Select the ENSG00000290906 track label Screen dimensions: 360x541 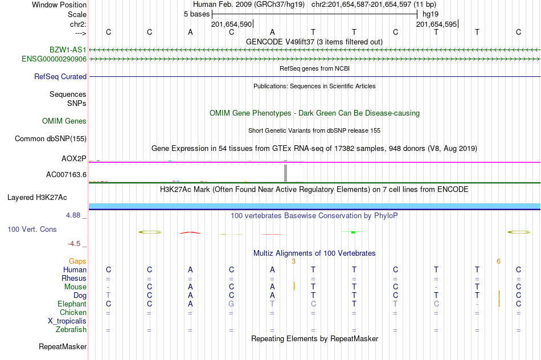(x=54, y=59)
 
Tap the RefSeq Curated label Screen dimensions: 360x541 (x=60, y=76)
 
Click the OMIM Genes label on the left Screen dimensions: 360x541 (x=64, y=121)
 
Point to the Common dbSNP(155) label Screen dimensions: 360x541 (x=51, y=138)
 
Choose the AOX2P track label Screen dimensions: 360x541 (x=74, y=158)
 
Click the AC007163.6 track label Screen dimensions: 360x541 (x=66, y=174)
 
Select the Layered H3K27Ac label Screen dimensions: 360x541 (x=37, y=198)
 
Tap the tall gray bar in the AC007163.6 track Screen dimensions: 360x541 (x=285, y=172)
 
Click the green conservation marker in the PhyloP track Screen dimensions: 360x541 (x=353, y=232)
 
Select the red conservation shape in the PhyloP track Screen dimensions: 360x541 (x=190, y=232)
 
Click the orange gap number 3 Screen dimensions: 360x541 (x=293, y=261)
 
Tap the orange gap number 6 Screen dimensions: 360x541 (x=498, y=261)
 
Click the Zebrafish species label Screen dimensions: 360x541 (x=71, y=329)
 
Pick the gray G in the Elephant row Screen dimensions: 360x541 (x=231, y=304)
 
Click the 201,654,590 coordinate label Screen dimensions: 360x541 (x=231, y=24)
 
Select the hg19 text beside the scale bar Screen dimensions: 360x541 (x=431, y=14)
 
